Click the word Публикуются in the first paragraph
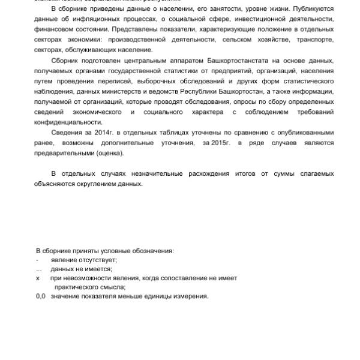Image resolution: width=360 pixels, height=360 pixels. (x=312, y=10)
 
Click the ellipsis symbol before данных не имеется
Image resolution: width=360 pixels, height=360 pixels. (x=39, y=269)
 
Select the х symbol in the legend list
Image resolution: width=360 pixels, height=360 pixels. (x=38, y=278)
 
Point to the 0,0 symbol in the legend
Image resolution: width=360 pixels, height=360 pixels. (x=41, y=296)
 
